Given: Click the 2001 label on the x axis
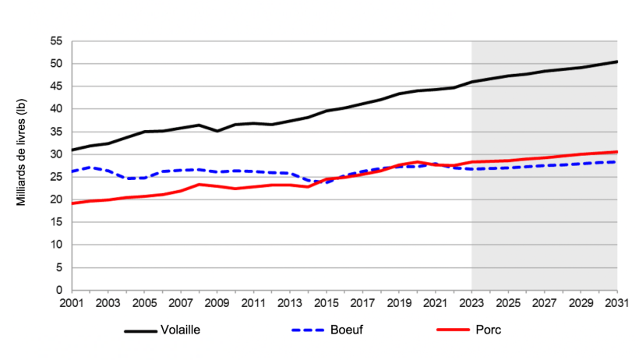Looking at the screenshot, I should pos(71,302).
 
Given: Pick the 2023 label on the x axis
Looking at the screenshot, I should pos(471,302).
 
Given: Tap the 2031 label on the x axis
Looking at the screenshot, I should pos(617,302).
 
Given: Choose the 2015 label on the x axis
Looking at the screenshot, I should pos(326,302).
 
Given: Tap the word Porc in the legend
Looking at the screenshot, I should pos(489,330).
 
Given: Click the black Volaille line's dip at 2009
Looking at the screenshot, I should pos(217,131).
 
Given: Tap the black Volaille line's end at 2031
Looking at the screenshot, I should pos(617,62).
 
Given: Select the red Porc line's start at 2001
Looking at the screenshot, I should pos(71,203).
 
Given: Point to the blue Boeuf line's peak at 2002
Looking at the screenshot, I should pos(90,168).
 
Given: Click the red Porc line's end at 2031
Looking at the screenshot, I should pos(617,152).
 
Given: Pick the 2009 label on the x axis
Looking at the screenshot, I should pos(217,302).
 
